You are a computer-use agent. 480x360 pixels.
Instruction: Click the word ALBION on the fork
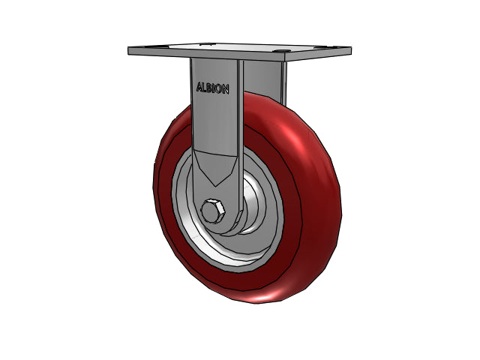point(212,88)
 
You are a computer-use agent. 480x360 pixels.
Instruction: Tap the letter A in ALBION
point(199,87)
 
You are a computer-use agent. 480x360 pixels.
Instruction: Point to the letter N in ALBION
point(225,89)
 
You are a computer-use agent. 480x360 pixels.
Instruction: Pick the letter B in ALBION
point(209,88)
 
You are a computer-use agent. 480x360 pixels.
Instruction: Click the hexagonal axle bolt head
point(213,211)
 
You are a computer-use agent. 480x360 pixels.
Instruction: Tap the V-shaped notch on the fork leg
point(216,168)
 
